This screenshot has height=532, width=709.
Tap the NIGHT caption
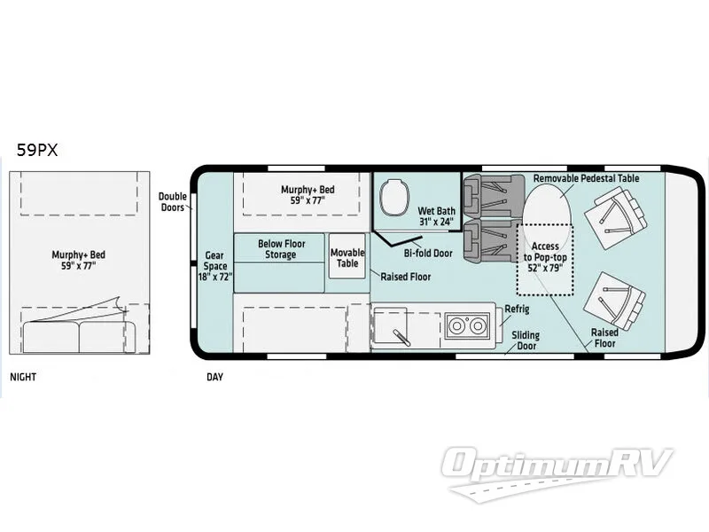click(24, 377)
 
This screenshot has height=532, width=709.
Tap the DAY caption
click(214, 377)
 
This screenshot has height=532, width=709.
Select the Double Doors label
click(172, 202)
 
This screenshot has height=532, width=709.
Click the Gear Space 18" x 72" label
click(215, 265)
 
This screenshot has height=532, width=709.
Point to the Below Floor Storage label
click(277, 249)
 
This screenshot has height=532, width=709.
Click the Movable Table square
click(347, 257)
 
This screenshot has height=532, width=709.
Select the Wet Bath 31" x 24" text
click(435, 216)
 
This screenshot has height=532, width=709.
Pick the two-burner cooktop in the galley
click(466, 326)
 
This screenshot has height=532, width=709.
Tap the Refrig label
click(517, 309)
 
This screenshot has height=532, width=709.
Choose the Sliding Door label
click(527, 341)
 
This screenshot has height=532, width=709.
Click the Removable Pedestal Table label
click(586, 178)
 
